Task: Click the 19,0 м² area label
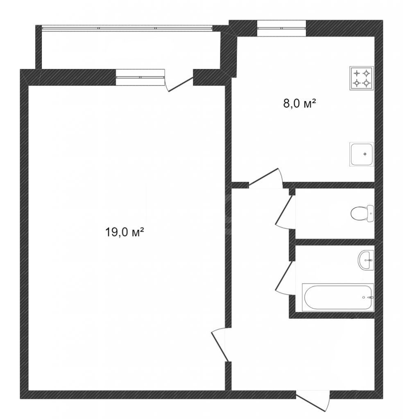coord(125,232)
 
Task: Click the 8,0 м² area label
coord(299,103)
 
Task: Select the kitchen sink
coord(362,154)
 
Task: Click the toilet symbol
coord(362,214)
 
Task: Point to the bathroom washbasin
coord(366,260)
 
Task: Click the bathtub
coord(338,297)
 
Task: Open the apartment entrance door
coord(313,401)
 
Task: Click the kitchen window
coord(281,28)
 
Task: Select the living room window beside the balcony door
coord(140,77)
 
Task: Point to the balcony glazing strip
coord(127,28)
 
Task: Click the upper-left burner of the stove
coord(356,73)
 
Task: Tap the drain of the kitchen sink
coord(365,154)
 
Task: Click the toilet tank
coord(371,214)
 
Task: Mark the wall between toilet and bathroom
coord(335,242)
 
